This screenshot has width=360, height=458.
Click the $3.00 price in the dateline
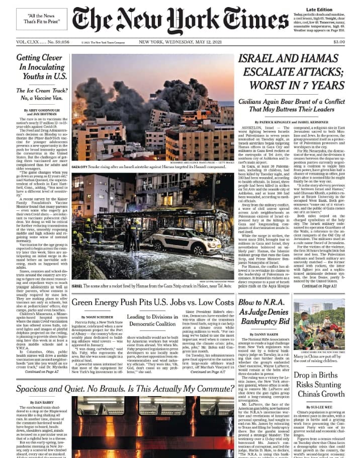338,42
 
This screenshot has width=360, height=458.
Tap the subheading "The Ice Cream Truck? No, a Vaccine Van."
42,96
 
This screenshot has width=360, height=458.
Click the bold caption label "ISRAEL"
77,285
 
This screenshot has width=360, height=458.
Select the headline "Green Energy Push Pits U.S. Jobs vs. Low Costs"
152,302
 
